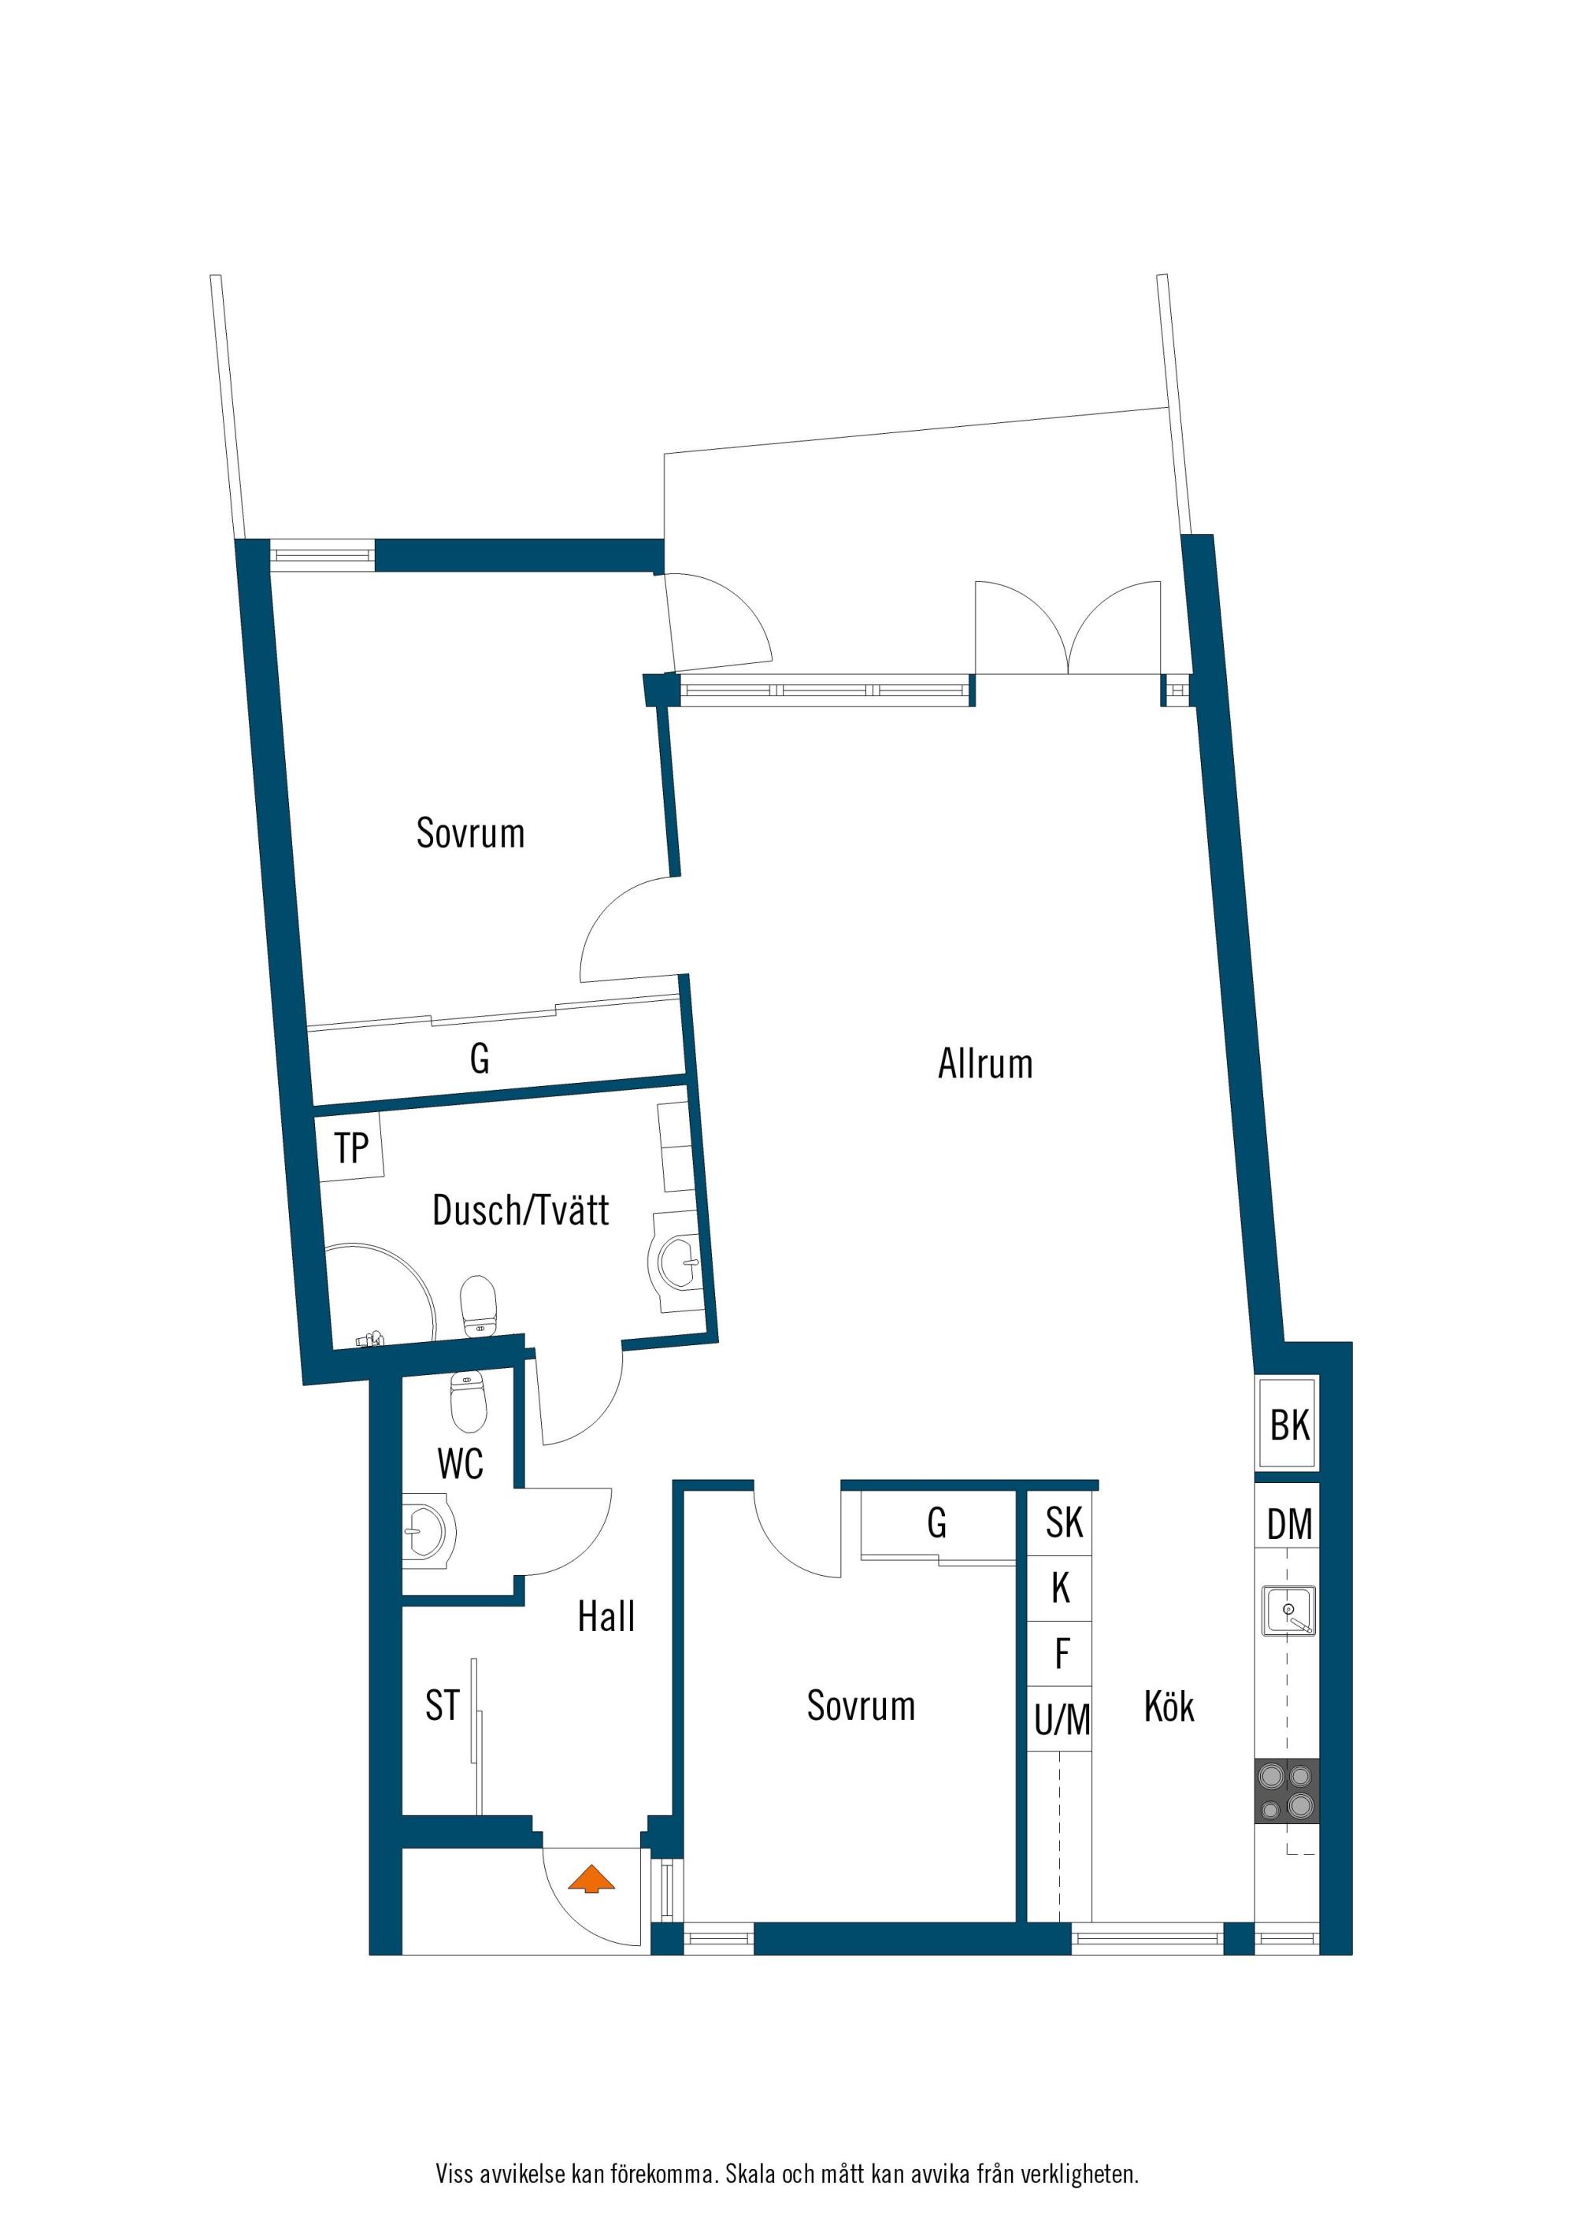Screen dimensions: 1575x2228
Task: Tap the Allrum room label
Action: pyautogui.click(x=985, y=1065)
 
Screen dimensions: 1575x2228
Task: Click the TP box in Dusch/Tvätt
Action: pyautogui.click(x=351, y=1148)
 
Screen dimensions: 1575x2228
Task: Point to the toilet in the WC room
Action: pyautogui.click(x=468, y=1402)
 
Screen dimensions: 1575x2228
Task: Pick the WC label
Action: pyautogui.click(x=460, y=1464)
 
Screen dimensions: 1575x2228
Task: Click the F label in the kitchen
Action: pyautogui.click(x=1062, y=1654)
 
